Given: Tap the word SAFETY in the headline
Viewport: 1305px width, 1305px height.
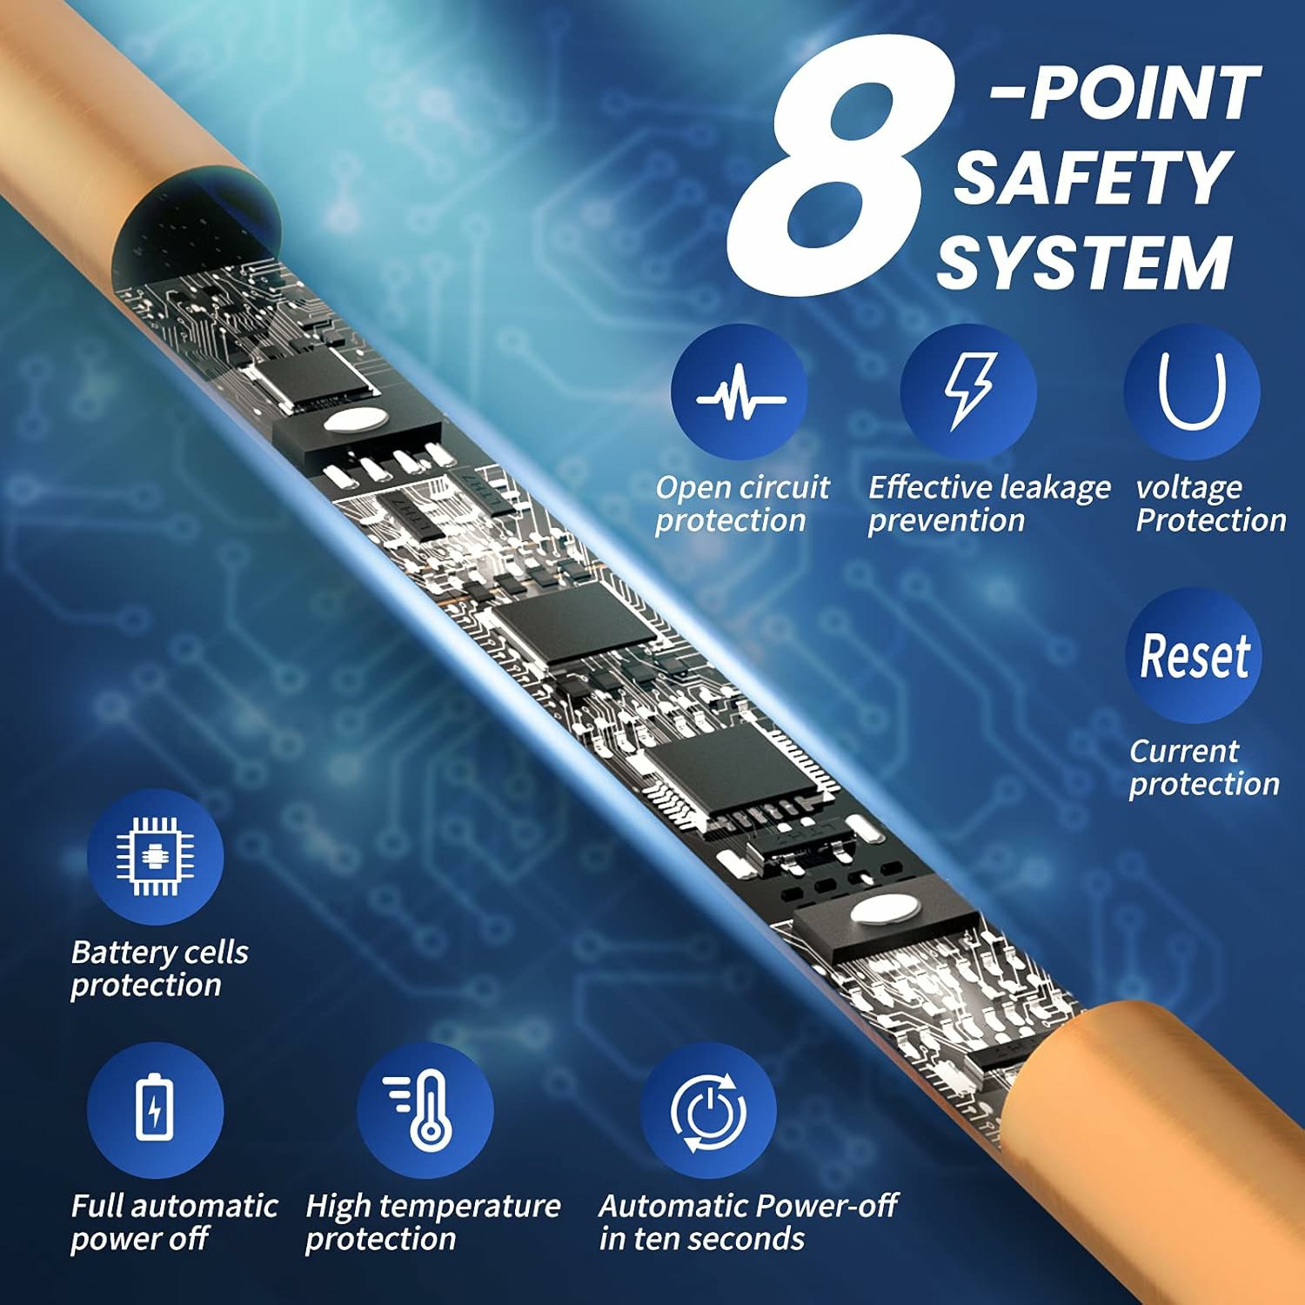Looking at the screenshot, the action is tap(1093, 177).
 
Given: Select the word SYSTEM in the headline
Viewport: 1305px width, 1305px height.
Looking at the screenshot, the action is tap(1084, 263).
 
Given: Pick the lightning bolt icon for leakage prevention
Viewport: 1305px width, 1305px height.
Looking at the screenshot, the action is tap(968, 391).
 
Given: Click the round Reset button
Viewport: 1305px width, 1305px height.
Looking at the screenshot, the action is tap(1194, 655).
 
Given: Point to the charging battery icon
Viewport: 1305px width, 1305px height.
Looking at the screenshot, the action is tap(156, 1110).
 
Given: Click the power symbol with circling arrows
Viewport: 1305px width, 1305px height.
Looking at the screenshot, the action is tap(708, 1111).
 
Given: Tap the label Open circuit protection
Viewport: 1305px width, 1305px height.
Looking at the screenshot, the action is tap(742, 504).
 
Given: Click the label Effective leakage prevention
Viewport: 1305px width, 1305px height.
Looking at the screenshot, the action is tap(989, 504).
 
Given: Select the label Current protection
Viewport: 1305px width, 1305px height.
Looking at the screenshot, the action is tap(1204, 767).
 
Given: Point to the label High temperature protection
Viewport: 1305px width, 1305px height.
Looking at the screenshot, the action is tap(432, 1222).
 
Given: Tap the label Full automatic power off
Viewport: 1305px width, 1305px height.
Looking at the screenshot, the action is tap(174, 1222).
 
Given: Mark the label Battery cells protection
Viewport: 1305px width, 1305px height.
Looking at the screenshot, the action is tap(159, 968).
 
